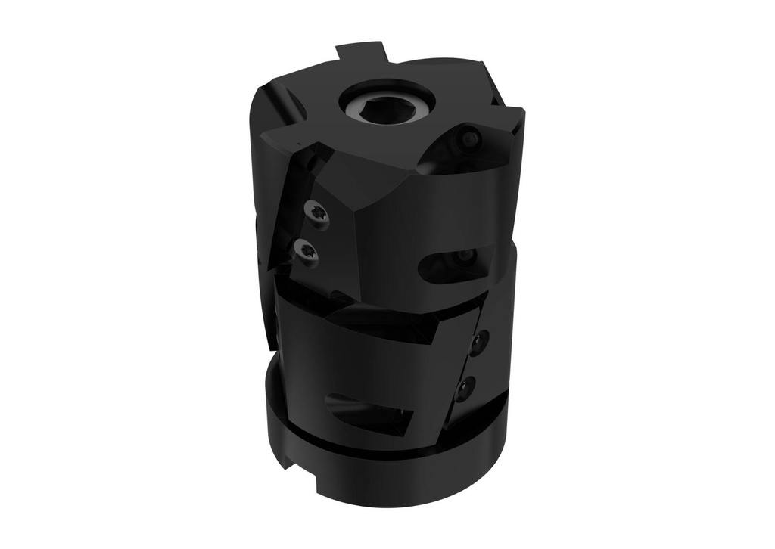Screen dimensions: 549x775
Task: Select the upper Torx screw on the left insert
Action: pyautogui.click(x=316, y=213)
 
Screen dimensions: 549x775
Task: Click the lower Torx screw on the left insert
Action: pyautogui.click(x=307, y=250)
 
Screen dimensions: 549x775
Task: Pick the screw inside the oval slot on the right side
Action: pyautogui.click(x=463, y=259)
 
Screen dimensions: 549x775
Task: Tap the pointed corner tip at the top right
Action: pyautogui.click(x=519, y=113)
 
